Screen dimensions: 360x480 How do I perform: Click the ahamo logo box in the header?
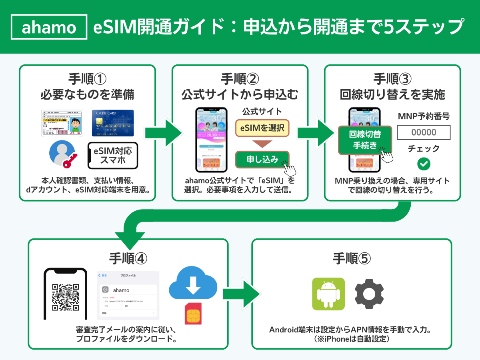[x=49, y=27]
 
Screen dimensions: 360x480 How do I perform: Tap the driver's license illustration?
[x=62, y=123]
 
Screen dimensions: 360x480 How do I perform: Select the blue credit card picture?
[x=113, y=123]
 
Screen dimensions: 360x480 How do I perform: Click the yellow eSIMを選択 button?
[x=262, y=128]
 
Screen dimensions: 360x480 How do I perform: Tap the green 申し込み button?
[x=262, y=159]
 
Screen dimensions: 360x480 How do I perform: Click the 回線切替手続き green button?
[x=365, y=140]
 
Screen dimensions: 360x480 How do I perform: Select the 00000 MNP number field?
[x=424, y=132]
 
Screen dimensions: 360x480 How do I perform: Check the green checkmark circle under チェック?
[x=424, y=164]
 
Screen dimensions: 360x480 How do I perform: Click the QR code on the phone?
[x=66, y=297]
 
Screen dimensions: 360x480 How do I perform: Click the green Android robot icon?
[x=328, y=294]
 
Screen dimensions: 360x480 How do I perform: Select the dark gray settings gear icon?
[x=369, y=294]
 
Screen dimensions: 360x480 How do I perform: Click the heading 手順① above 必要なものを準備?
[x=87, y=77]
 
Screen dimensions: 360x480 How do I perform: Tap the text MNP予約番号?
[x=424, y=116]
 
